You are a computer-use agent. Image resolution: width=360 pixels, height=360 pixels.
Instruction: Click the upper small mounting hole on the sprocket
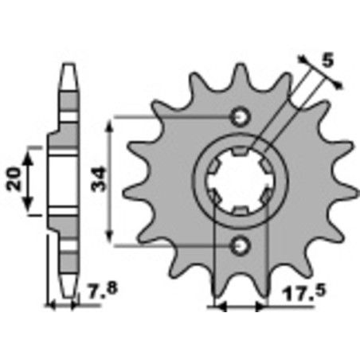coord(239,117)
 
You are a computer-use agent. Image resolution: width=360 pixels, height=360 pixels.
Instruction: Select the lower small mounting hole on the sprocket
coord(239,246)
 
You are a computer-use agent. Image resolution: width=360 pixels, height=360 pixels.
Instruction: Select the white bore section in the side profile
coord(57,181)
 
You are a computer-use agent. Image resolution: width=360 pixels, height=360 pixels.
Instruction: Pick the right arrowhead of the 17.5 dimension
coord(262,307)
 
